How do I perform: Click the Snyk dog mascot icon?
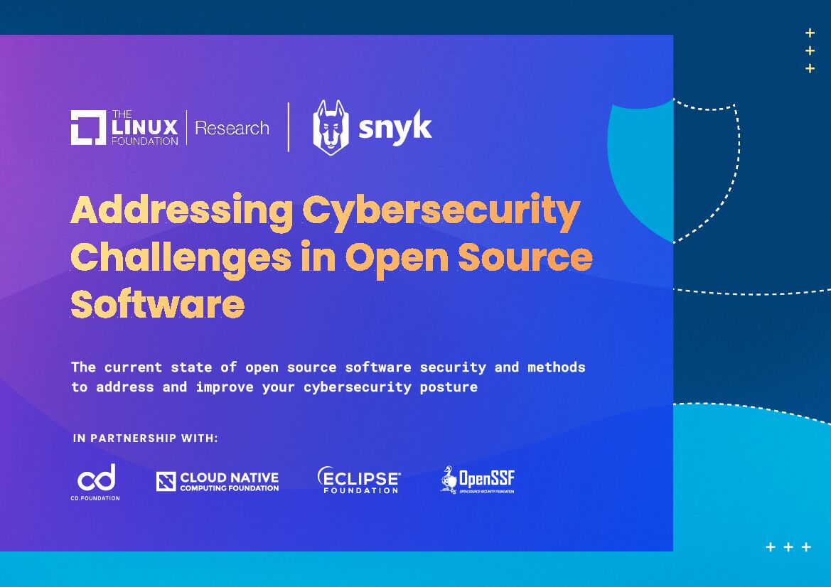click(331, 127)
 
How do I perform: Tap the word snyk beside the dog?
click(395, 129)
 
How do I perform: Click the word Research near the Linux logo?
click(232, 129)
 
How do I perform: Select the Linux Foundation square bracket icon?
click(88, 128)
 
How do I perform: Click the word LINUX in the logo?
click(144, 128)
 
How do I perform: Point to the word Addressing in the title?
click(181, 211)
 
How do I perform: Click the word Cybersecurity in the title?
click(441, 211)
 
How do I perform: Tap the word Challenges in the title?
click(181, 257)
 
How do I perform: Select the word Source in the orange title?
click(525, 257)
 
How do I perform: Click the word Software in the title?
click(157, 303)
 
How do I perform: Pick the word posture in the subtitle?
click(449, 387)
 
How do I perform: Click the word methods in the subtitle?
click(557, 367)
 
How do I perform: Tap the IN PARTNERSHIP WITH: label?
click(146, 438)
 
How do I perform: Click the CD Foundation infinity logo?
click(96, 478)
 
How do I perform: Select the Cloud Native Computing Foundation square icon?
click(166, 482)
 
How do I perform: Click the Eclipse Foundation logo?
click(359, 480)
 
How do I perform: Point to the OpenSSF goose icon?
click(448, 480)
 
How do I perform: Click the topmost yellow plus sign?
click(810, 33)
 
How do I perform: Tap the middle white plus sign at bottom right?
click(788, 547)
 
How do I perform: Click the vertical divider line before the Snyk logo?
click(289, 127)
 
